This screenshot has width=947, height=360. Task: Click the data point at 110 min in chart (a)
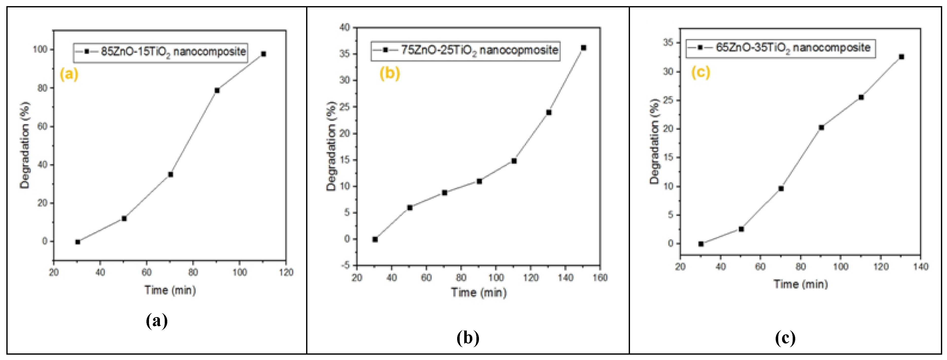tap(263, 54)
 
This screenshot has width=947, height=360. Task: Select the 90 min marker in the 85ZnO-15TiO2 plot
tap(217, 90)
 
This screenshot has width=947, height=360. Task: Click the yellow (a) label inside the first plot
tap(69, 74)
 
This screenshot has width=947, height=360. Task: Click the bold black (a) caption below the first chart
tap(157, 321)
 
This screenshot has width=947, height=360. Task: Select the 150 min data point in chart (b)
tap(584, 48)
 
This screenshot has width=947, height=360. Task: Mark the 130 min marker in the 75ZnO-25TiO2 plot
tap(549, 112)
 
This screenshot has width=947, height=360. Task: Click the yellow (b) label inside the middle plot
tap(390, 73)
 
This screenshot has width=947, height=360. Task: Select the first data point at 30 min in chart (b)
tap(375, 239)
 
